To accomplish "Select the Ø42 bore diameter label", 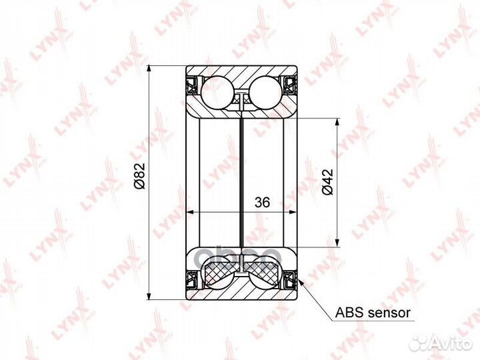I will coord(327,182).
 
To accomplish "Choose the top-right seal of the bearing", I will coord(290,85).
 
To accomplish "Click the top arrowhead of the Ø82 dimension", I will coord(152,69).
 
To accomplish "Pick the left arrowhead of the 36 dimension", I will coord(190,213).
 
